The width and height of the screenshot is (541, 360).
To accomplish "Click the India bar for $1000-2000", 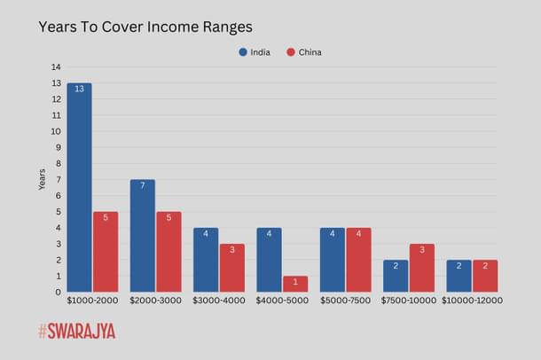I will point(79,188).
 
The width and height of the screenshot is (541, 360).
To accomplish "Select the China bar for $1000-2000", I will point(106,252).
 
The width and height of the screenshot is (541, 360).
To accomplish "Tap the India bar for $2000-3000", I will point(143,236).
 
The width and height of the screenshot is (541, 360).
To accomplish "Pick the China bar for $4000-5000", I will point(295,284).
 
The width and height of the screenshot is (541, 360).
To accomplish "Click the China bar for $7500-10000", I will point(422,268).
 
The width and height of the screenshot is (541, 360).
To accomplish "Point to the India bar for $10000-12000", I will point(459,276).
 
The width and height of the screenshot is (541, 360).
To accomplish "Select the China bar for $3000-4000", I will point(232,268).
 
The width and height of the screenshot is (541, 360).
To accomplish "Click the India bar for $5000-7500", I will point(333,260).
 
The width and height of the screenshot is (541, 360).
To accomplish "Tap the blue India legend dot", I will point(243,52).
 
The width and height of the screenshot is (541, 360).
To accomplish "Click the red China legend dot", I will point(290,52).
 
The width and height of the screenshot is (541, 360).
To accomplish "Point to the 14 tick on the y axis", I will point(56,67).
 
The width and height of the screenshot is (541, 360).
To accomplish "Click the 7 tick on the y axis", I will point(58,180).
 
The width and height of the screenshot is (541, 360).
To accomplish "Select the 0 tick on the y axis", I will point(58,293).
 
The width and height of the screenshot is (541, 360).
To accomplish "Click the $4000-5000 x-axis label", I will point(282,301).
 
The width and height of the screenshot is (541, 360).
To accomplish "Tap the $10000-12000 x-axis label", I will point(472,301).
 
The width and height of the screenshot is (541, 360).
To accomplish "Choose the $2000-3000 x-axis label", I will point(155,301).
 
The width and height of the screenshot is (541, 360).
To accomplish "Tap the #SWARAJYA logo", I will point(76,332).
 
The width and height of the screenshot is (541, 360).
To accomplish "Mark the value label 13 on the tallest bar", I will point(79,90).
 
